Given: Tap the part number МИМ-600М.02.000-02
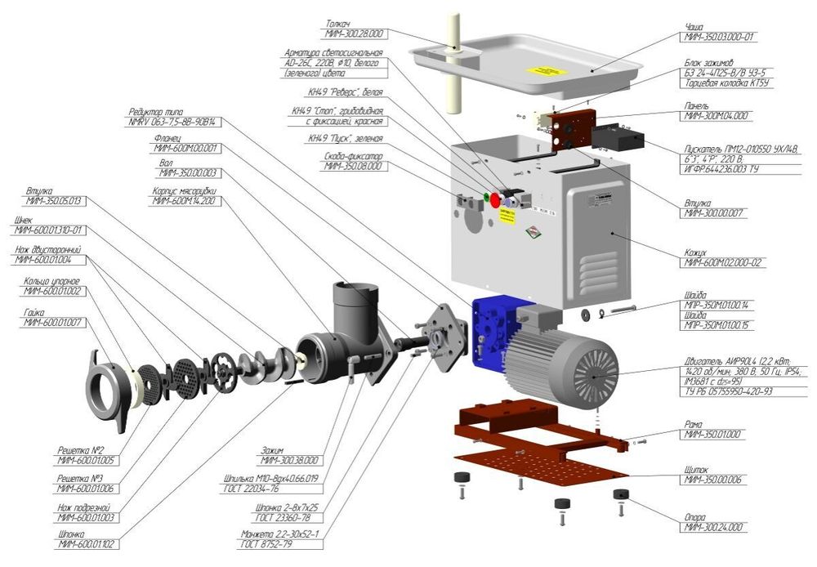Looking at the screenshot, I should coord(724,263).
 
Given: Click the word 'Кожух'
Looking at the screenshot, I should coord(695,252).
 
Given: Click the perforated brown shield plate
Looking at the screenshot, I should coord(531,464).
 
